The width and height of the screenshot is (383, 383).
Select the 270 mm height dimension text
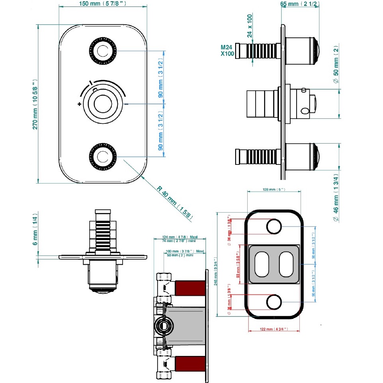pos(35,103)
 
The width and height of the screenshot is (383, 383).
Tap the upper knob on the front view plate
pos(102,51)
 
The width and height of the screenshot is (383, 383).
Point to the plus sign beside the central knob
pos(80,104)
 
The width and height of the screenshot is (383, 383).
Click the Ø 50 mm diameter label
pos(336,64)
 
